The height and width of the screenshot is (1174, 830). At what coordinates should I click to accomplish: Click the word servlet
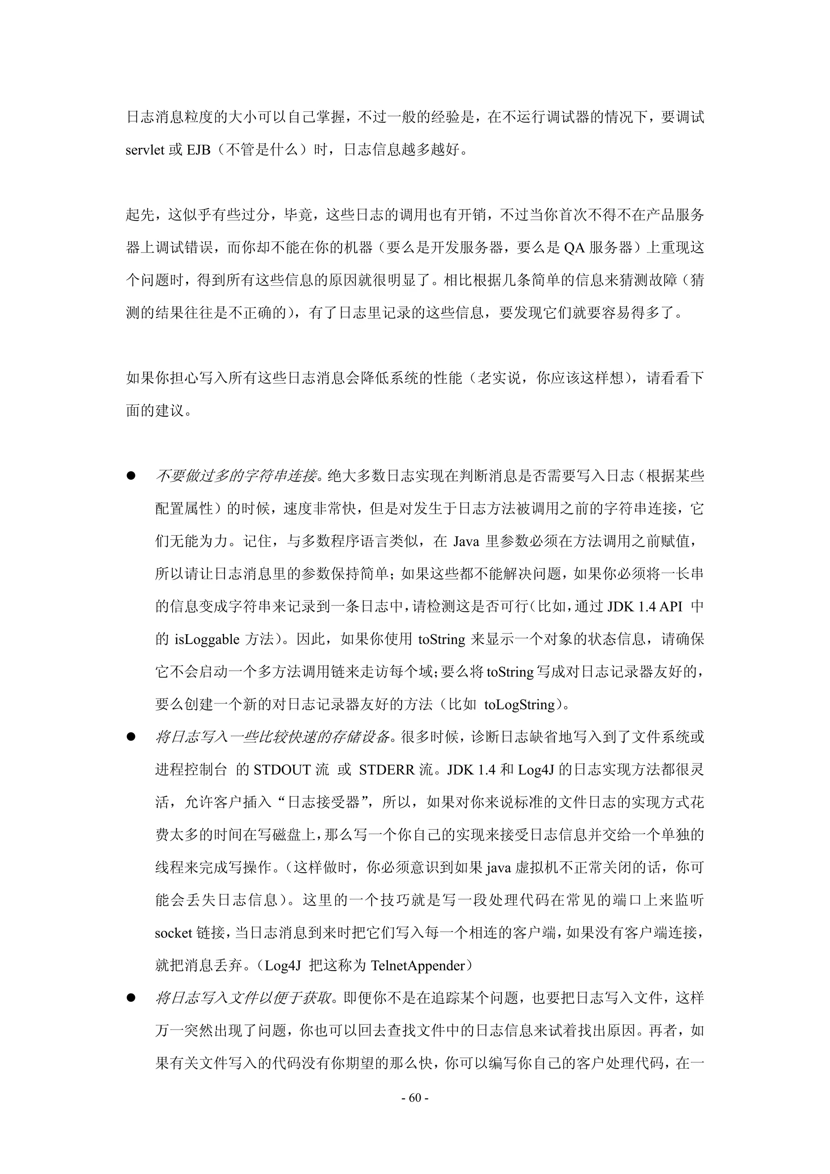(x=145, y=150)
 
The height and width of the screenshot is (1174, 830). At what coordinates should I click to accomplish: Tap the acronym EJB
(x=199, y=150)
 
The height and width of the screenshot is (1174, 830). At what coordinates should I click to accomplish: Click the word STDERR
(x=387, y=770)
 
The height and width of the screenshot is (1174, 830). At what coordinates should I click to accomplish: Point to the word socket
(x=173, y=933)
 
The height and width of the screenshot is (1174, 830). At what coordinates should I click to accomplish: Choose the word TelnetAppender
(x=418, y=966)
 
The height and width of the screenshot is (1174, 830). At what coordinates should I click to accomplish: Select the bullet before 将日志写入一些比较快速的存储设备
(x=131, y=737)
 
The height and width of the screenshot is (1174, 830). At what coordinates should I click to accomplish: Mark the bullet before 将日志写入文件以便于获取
(x=131, y=998)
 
